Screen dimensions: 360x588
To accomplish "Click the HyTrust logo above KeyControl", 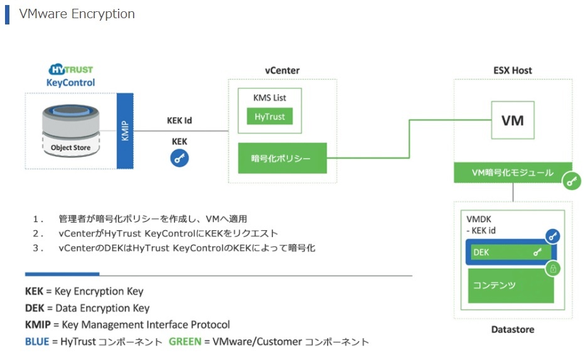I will pos(70,70).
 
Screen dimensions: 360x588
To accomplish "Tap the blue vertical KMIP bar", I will pos(125,130).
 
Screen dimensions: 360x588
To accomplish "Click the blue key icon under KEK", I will pos(179,159).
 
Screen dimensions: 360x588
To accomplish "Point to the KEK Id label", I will pos(179,120).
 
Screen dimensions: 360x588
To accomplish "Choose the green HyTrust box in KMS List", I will pos(269,117).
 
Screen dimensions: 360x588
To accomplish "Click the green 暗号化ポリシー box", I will pos(282,158).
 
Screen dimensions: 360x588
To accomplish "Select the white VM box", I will pos(513,120).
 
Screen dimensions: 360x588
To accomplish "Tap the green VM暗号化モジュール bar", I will pos(512,172).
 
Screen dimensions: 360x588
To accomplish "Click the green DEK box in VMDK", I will pos(511,252).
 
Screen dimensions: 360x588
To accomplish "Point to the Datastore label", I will pos(512,329).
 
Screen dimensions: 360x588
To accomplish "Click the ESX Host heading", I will pos(512,70).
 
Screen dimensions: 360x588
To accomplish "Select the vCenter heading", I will pos(282,70).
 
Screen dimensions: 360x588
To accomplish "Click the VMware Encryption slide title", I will pos(77,14).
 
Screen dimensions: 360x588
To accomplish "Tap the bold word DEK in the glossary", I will pos(35,308).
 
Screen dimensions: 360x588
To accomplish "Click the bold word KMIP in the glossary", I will pos(38,325).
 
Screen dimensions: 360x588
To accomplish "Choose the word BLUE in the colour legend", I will pos(37,342).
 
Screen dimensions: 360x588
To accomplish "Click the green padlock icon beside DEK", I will pos(553,268).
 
